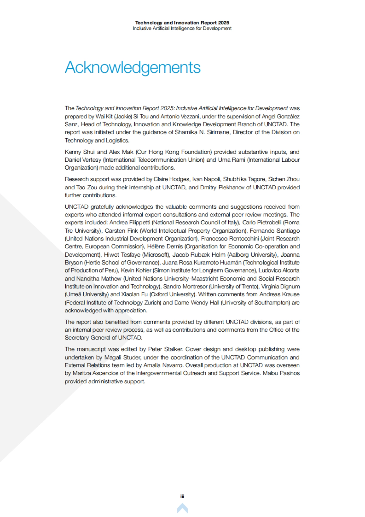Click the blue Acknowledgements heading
(133, 67)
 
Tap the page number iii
(182, 496)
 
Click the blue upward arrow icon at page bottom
(182, 508)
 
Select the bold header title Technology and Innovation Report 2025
(182, 23)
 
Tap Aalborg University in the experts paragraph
(251, 255)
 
